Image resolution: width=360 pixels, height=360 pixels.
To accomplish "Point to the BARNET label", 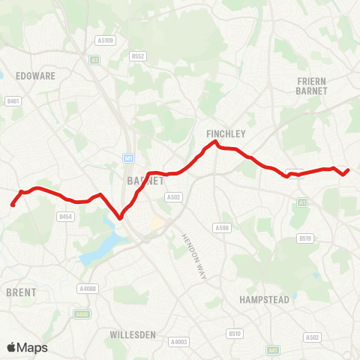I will [141, 181].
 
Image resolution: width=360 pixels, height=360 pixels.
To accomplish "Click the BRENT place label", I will [21, 292].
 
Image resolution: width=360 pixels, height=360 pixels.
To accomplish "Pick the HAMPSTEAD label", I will [264, 299].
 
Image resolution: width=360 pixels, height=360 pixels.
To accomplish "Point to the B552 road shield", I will [137, 55].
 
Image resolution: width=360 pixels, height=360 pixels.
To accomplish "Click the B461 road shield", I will [12, 100].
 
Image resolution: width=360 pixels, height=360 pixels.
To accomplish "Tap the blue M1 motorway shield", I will [129, 158].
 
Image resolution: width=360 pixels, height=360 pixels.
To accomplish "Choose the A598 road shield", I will [222, 228].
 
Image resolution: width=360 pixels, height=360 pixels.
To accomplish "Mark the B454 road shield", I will [65, 217].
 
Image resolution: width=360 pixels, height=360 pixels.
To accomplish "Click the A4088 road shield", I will [88, 288].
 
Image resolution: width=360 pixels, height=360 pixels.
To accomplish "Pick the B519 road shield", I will [304, 238].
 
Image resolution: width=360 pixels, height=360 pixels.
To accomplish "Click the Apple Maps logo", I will [27, 347].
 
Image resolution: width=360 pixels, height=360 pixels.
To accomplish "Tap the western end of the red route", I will [13, 204].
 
